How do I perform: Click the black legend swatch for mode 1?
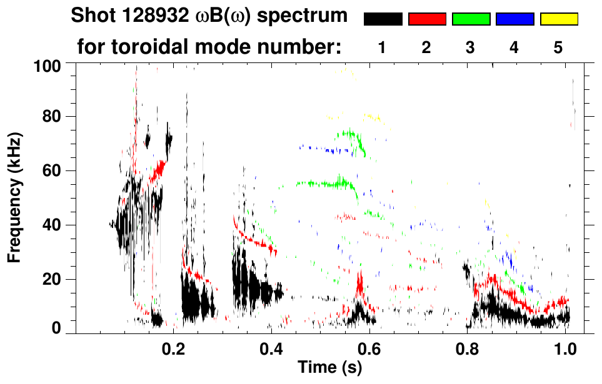tap(383, 19)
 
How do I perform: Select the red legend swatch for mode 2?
tap(427, 19)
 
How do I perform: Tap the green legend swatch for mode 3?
tap(471, 19)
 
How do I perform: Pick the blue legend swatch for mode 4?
tap(514, 19)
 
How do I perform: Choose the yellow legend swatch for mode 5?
tap(559, 19)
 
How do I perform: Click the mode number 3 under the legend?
tap(470, 48)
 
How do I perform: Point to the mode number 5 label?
tap(558, 48)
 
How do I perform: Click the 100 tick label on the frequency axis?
tap(47, 65)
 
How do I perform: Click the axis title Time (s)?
tap(329, 368)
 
